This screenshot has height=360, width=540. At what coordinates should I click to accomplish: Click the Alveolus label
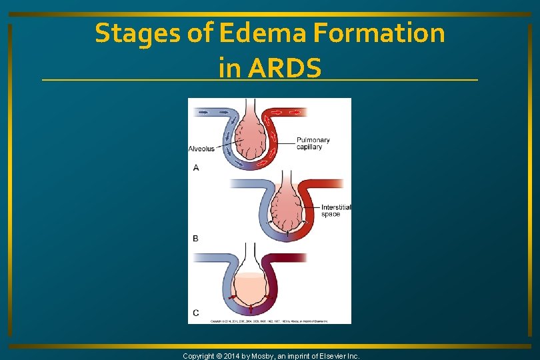201,149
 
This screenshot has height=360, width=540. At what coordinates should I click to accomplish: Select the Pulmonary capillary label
313,143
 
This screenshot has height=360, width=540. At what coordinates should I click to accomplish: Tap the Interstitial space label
335,211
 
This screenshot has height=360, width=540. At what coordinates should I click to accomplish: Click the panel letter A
196,168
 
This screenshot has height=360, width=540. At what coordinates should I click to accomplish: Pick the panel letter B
195,238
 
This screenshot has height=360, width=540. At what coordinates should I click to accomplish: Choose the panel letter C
195,313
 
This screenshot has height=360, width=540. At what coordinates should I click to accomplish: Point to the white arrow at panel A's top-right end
296,111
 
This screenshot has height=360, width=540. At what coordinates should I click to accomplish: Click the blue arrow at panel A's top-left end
203,111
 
